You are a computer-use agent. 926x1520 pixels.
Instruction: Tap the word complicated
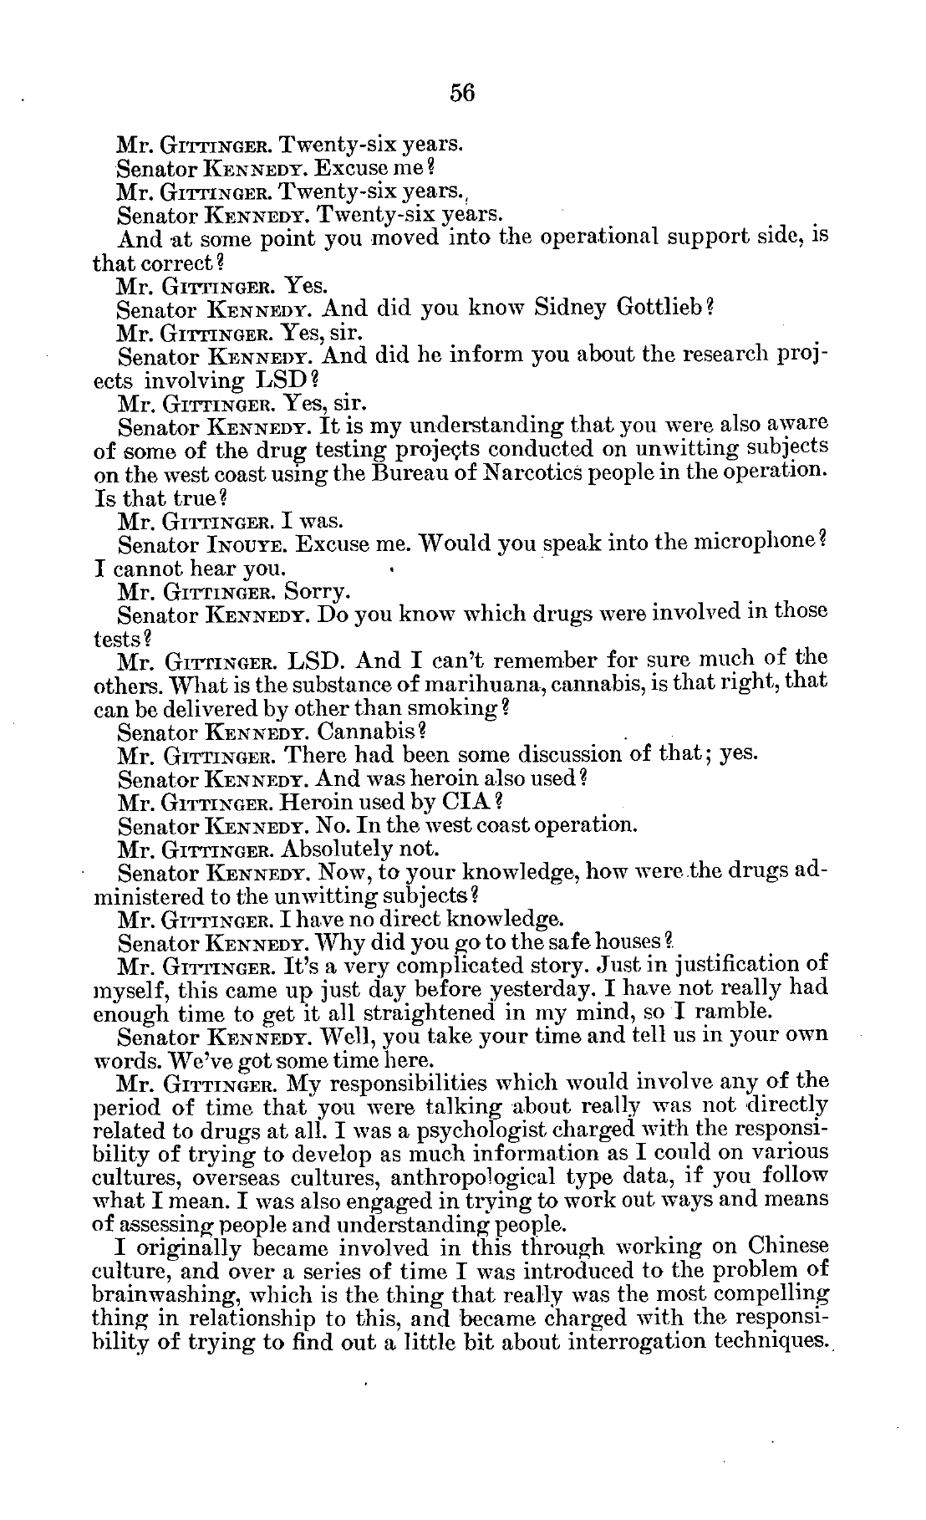point(430,967)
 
